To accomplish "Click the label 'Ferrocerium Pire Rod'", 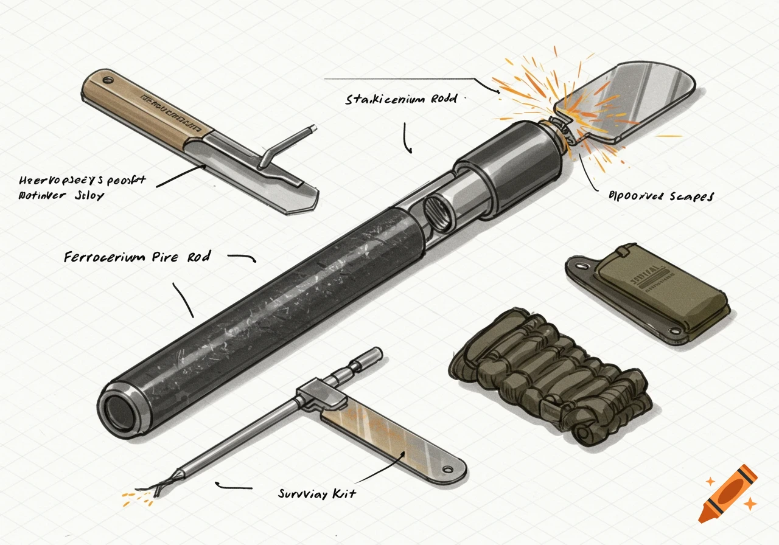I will pyautogui.click(x=137, y=257).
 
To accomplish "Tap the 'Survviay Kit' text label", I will pyautogui.click(x=316, y=493).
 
